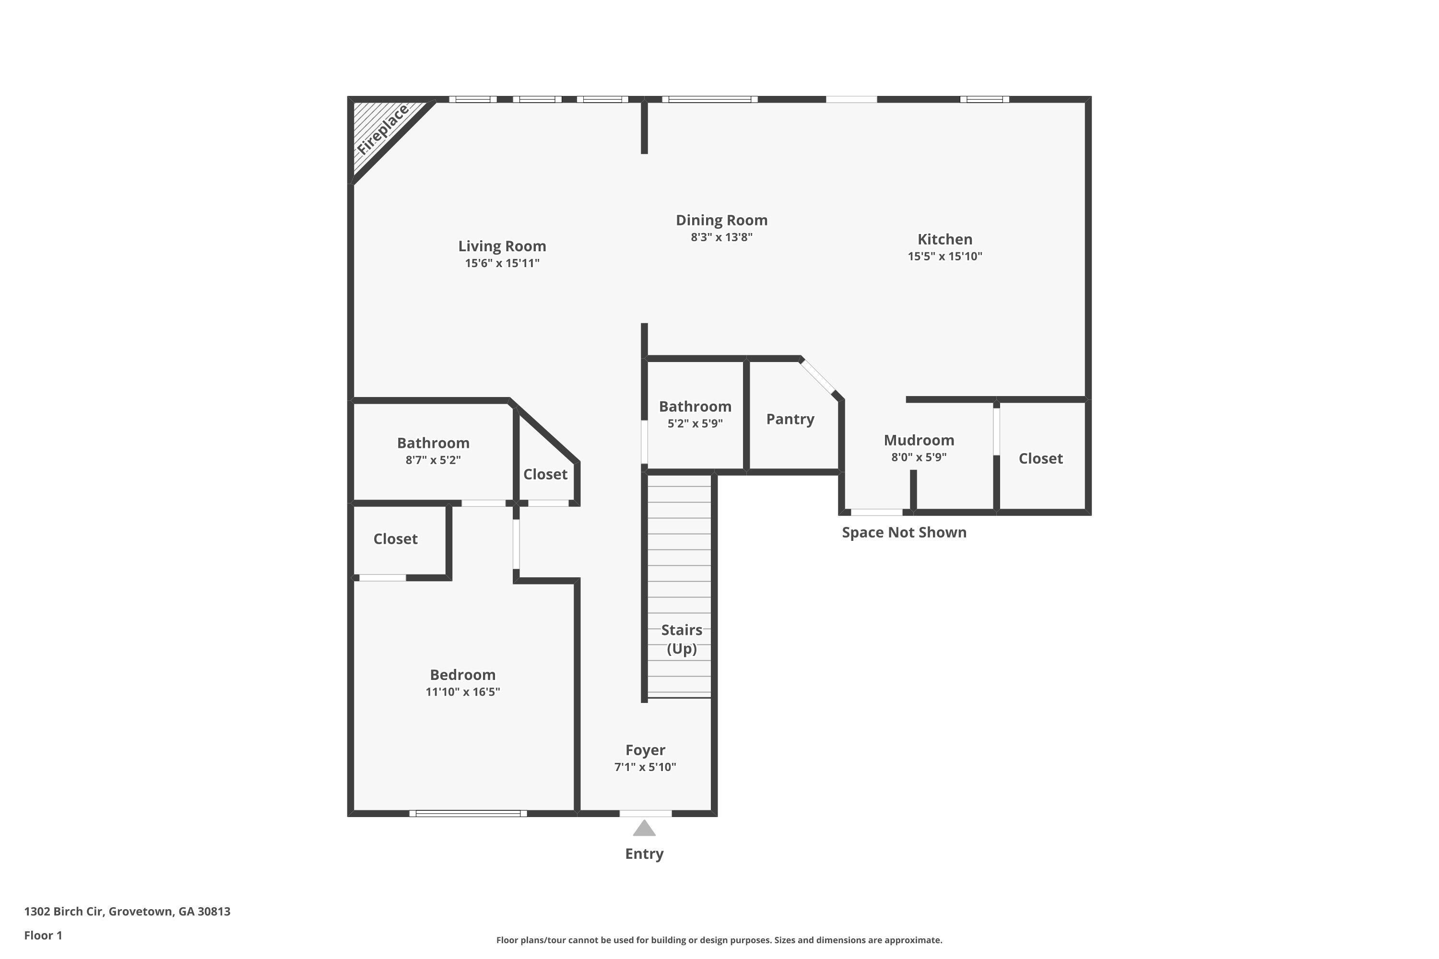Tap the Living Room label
[502, 246]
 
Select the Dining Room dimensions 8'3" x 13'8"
[721, 237]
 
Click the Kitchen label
[944, 239]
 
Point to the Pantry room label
[790, 419]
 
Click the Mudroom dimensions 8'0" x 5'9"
[919, 457]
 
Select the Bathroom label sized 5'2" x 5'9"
[695, 406]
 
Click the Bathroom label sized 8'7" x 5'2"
[433, 443]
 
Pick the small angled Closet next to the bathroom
[544, 474]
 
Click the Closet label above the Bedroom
[395, 539]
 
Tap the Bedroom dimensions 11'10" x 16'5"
[462, 692]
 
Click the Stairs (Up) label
[681, 639]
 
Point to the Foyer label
[645, 750]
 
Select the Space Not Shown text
[904, 532]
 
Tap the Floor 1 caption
[43, 935]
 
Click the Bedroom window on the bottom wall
[468, 813]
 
